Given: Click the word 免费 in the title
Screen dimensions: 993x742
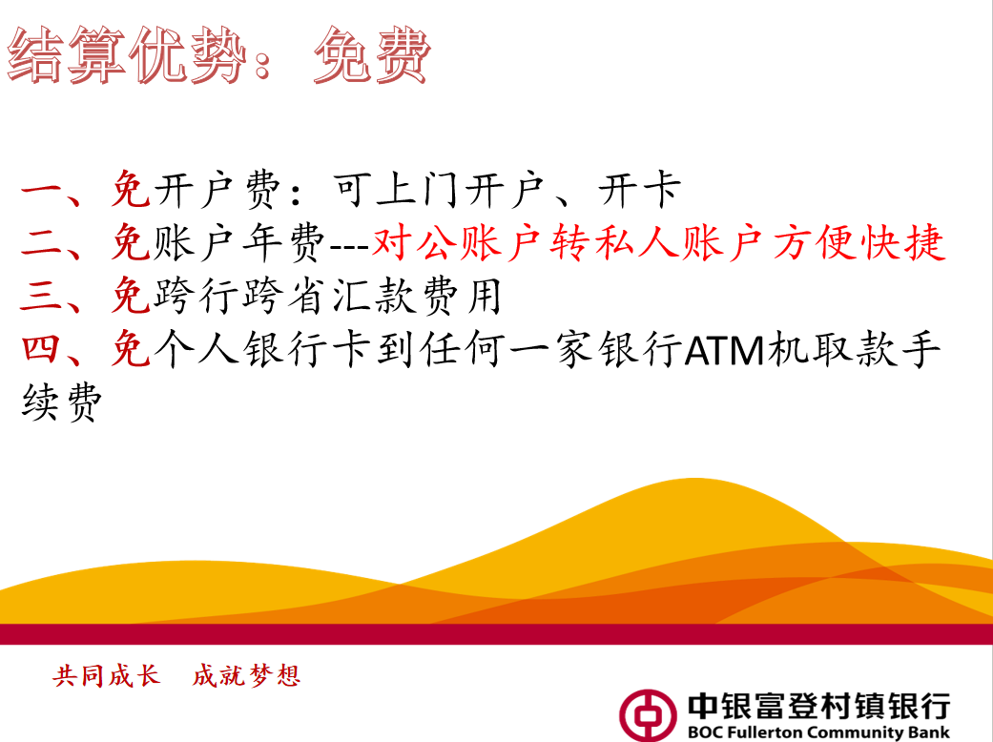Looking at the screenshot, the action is (372, 55).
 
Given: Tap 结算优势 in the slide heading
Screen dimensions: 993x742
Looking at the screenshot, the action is (127, 55).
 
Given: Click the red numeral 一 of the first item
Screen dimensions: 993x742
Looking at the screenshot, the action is (41, 190).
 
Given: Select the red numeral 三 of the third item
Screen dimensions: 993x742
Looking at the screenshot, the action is (41, 297).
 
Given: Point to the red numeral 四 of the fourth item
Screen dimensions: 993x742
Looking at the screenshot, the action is (41, 349).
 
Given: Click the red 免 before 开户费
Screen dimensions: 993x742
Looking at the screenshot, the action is (131, 189).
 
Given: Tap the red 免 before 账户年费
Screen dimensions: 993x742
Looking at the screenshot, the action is (131, 242).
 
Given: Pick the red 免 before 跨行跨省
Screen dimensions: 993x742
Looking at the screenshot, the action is (131, 296).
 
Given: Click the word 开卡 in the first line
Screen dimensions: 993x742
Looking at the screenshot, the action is (640, 189).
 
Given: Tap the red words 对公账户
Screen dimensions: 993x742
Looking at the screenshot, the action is (456, 242).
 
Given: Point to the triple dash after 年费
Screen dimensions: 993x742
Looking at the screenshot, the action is (349, 246).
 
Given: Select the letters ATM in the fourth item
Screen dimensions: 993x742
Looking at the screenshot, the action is (725, 351).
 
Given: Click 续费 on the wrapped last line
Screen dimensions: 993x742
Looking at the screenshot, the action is (61, 402).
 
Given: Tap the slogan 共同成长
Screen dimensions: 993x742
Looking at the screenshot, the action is (107, 675).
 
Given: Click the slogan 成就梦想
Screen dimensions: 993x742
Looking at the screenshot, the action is (246, 675).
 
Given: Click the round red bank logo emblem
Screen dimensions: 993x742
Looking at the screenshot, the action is (648, 714).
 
